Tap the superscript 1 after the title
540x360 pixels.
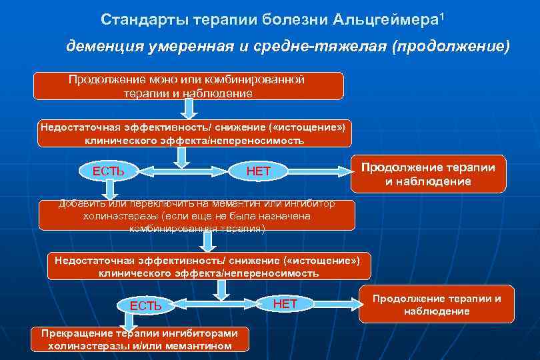tap(441, 15)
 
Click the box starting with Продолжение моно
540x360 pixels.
tap(189, 87)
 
